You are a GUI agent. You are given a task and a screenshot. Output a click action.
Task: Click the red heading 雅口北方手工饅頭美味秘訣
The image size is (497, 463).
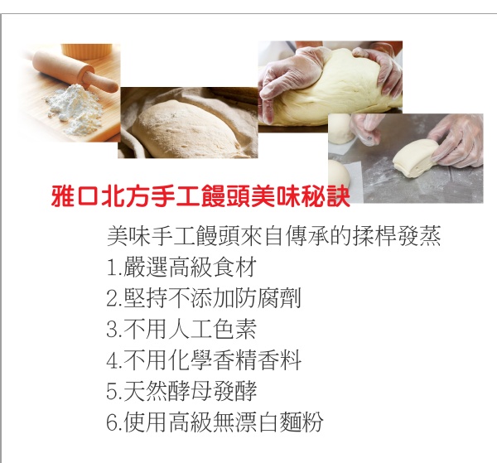tap(200, 197)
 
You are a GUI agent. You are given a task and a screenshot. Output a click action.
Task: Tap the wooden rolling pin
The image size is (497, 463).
tap(75, 70)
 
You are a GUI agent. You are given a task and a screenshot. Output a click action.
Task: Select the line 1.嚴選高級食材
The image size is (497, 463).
tap(181, 268)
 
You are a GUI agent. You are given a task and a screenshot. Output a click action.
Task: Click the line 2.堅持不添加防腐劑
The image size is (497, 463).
tap(204, 298)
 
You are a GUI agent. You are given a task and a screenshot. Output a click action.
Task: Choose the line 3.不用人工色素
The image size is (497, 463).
tap(181, 329)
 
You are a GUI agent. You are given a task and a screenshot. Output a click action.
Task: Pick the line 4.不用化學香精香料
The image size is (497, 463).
tap(204, 360)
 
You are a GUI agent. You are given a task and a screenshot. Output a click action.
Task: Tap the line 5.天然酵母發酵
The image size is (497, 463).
tap(181, 391)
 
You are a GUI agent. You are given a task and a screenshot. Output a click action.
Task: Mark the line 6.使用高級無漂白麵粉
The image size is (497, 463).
tap(215, 422)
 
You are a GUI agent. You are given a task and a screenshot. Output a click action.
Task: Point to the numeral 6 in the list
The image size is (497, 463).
tap(113, 422)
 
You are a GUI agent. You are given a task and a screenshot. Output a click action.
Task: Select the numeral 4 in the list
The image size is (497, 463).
tap(113, 360)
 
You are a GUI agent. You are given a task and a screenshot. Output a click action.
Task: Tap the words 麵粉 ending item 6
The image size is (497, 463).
tap(302, 422)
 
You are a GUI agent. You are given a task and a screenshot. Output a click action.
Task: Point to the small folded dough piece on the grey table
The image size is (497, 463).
tap(416, 157)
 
